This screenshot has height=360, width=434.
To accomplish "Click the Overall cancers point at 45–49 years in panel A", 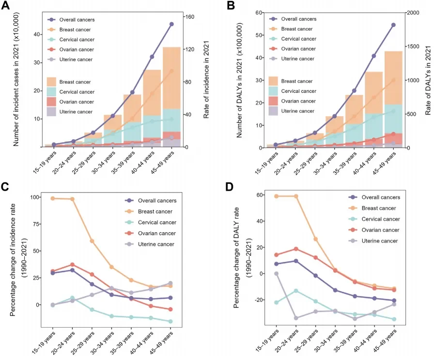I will [171, 24].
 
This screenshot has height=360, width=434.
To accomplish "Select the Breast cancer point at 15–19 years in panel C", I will [53, 198].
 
